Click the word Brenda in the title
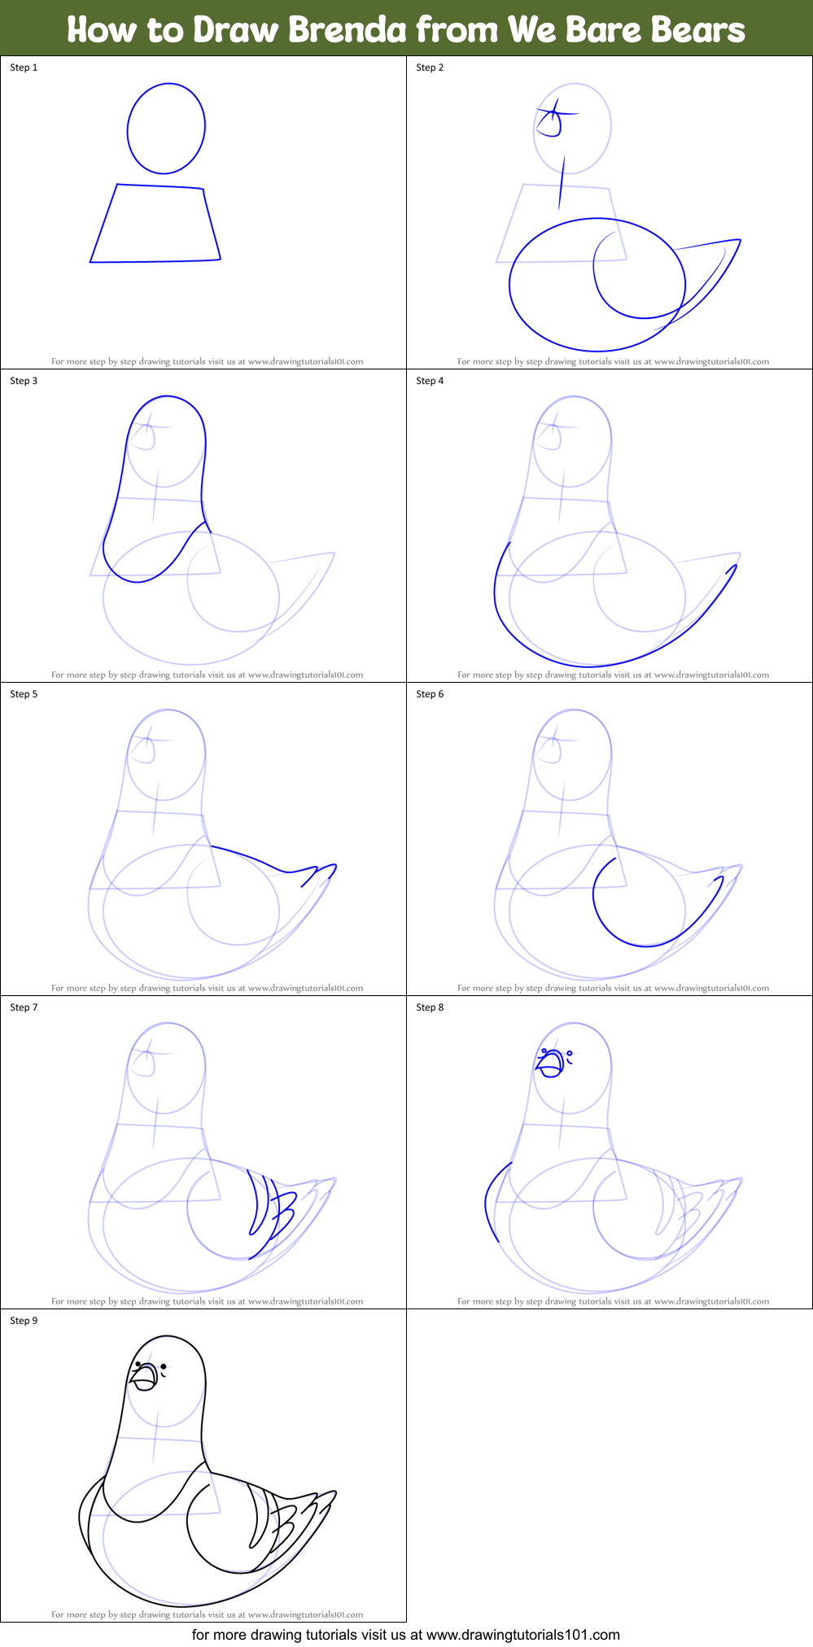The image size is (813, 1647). (x=347, y=30)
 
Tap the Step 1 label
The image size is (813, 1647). (x=24, y=68)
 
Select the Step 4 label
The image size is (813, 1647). (x=430, y=381)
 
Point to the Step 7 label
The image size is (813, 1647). (x=24, y=1007)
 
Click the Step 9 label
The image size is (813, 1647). (x=24, y=1321)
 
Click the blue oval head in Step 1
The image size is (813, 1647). (x=166, y=128)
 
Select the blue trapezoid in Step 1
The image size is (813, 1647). (x=155, y=223)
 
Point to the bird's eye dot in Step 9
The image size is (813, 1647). (x=164, y=1367)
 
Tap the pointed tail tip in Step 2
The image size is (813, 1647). (x=737, y=241)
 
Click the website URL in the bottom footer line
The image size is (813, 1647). (x=522, y=1634)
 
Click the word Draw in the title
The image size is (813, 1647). (x=238, y=30)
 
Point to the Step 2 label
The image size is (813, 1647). (x=430, y=68)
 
